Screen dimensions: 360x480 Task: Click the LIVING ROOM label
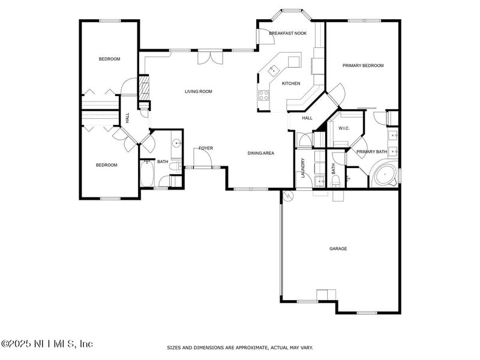click(198, 92)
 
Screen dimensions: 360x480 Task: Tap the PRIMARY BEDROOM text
click(363, 65)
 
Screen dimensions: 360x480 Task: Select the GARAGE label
click(338, 248)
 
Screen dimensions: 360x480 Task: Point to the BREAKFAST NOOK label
click(287, 33)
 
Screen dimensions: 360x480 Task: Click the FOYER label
click(206, 148)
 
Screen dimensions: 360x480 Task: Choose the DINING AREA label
click(261, 153)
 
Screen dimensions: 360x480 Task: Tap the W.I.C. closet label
click(344, 128)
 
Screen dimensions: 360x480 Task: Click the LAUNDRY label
click(303, 168)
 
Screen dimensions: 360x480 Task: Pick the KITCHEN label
click(291, 83)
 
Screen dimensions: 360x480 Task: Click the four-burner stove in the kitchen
click(264, 94)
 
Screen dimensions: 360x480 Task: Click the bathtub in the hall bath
click(148, 175)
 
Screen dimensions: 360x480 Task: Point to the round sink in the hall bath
click(176, 143)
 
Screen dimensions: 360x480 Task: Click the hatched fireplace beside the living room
click(144, 87)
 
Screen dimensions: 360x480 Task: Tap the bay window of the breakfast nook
click(292, 11)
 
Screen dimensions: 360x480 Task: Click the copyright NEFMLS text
click(47, 344)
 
